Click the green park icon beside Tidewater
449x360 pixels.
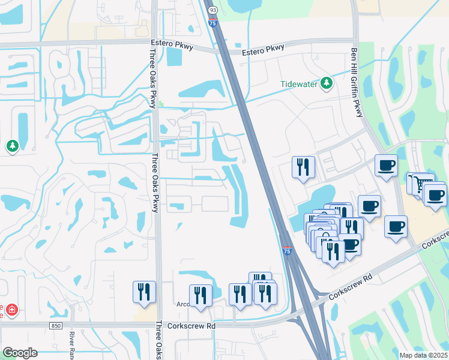(x=327, y=83)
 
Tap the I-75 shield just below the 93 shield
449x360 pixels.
(x=212, y=23)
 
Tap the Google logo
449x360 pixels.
(x=19, y=353)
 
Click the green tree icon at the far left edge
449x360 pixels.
(x=12, y=146)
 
